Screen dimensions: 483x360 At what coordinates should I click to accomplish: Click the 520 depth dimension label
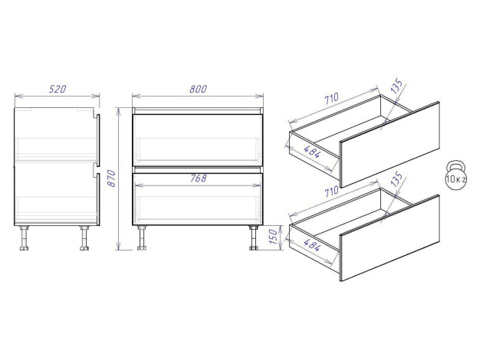tap(58, 89)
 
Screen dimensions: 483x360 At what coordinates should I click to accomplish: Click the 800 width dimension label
tap(198, 89)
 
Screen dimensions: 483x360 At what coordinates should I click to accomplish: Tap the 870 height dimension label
tap(111, 178)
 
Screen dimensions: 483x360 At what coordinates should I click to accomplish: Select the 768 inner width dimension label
tap(198, 178)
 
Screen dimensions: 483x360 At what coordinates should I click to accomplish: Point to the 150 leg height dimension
tap(273, 237)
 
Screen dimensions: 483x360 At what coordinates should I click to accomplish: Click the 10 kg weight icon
tap(456, 175)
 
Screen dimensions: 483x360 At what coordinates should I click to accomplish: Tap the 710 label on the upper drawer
tap(331, 99)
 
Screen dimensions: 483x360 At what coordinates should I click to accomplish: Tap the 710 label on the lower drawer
tap(331, 191)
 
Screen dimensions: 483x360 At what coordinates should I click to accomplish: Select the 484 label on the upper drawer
tap(312, 151)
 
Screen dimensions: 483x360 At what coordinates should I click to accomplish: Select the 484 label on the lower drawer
tap(312, 244)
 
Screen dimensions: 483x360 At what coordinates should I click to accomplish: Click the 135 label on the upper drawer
tap(396, 86)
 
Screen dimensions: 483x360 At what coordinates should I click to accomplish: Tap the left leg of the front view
tap(142, 238)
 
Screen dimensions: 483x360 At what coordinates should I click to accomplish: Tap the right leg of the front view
tap(254, 238)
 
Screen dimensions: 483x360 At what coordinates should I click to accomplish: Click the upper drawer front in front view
tap(198, 140)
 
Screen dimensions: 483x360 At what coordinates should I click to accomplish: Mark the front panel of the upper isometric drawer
tap(389, 144)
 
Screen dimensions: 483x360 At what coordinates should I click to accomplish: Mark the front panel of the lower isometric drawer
tap(389, 237)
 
